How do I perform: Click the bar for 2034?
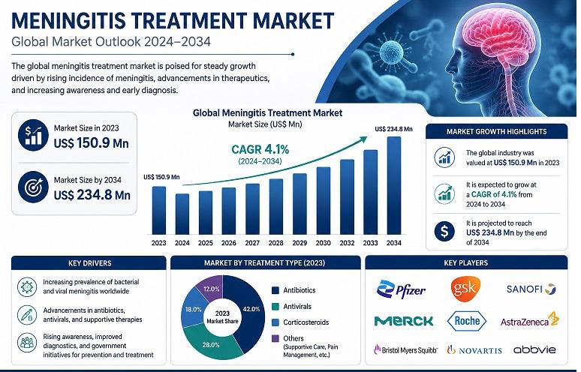[x=394, y=185]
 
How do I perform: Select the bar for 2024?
[x=182, y=214]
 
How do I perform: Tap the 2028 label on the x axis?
[x=275, y=243]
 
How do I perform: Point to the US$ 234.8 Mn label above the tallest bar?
[x=393, y=129]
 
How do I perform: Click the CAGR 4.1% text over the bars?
[x=260, y=149]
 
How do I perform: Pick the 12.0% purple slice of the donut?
[x=209, y=288]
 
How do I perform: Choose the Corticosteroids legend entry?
[x=300, y=322]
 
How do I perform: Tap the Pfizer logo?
[x=402, y=289]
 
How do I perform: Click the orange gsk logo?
[x=465, y=289]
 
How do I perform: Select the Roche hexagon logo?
[x=467, y=321]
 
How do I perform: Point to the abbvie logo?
[x=534, y=349]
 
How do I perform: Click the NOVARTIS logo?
[x=474, y=349]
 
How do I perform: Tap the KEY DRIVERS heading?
[x=89, y=263]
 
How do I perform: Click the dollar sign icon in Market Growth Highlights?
[x=444, y=231]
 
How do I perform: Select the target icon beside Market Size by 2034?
[x=33, y=187]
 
